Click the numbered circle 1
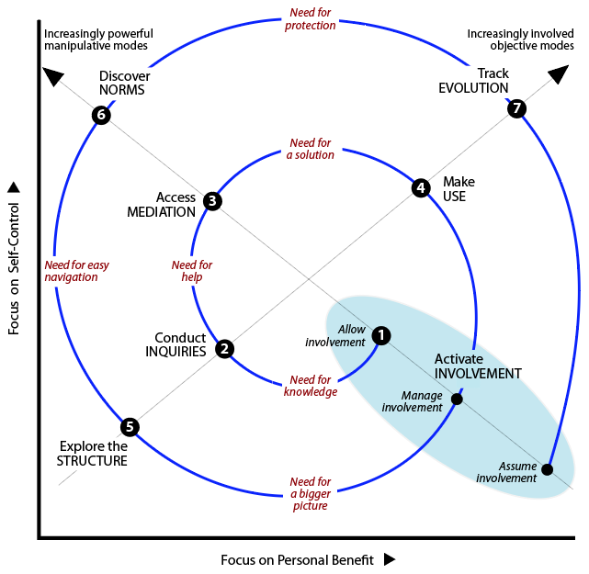tap(382, 336)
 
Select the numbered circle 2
tap(224, 349)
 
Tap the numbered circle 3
tap(212, 200)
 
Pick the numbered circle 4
tap(421, 188)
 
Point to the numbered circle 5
tap(130, 426)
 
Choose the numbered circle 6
tap(101, 115)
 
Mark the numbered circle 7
tap(517, 108)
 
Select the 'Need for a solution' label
tap(311, 149)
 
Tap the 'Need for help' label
tap(192, 271)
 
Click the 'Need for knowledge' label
tap(311, 386)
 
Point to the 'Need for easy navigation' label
tap(76, 271)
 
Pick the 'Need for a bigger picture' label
tap(311, 493)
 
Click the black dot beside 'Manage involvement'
tap(457, 400)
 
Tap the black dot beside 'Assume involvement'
tap(548, 469)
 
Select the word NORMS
tap(122, 90)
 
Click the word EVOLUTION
tap(472, 88)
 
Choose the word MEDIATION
tap(161, 212)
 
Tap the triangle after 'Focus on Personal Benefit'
tap(390, 558)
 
